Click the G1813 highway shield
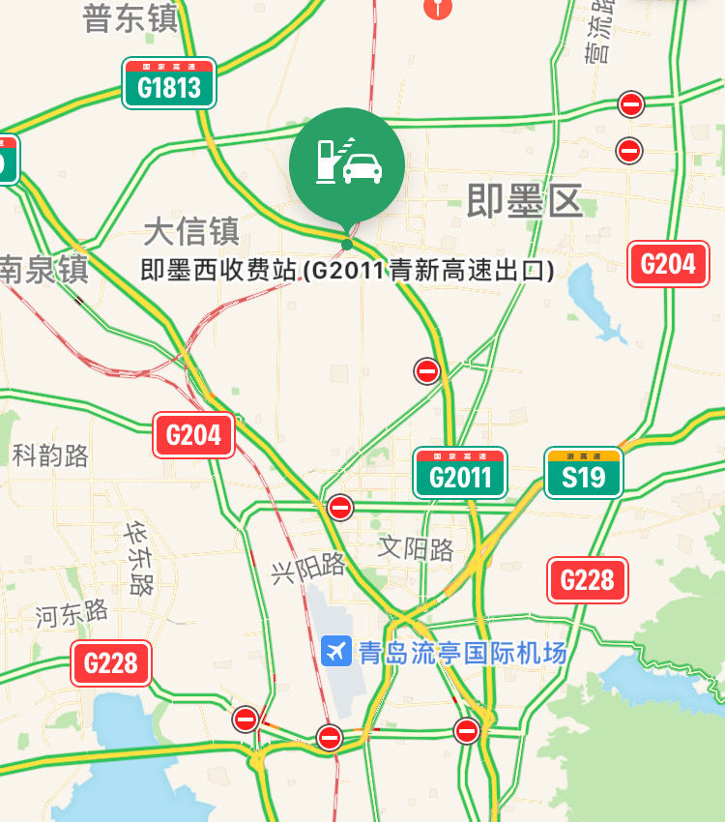tap(169, 83)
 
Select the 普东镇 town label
tap(130, 19)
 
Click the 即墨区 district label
tap(525, 201)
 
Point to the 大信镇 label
tap(191, 231)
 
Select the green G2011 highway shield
tap(460, 473)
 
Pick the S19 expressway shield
tap(583, 473)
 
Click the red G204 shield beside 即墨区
tap(668, 264)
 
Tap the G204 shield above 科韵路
tap(193, 435)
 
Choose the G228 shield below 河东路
tap(111, 663)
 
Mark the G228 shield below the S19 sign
tap(587, 579)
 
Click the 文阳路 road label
tap(416, 549)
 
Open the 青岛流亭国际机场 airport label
tap(462, 652)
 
